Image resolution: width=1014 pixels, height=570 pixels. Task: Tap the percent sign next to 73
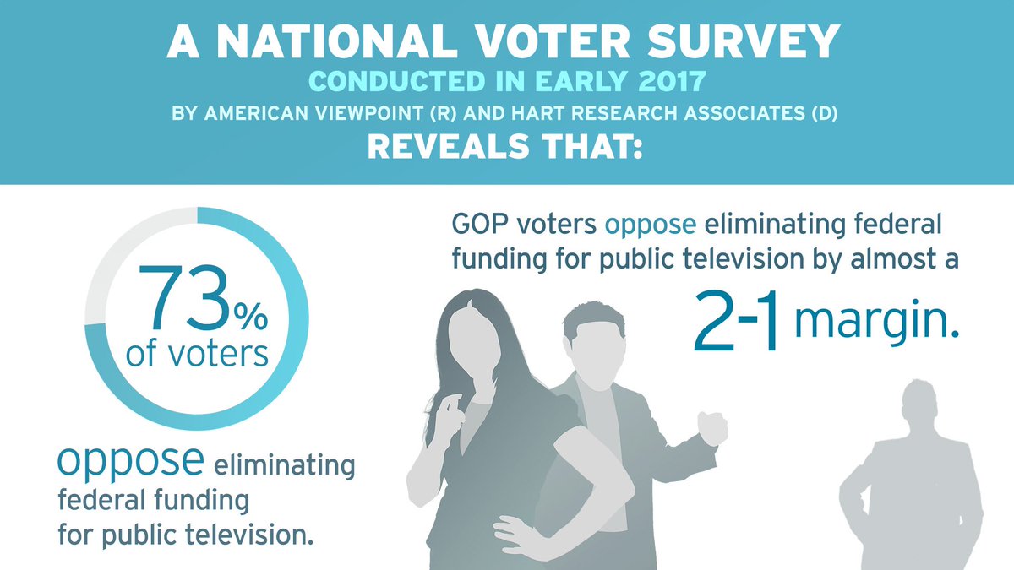(250, 318)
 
